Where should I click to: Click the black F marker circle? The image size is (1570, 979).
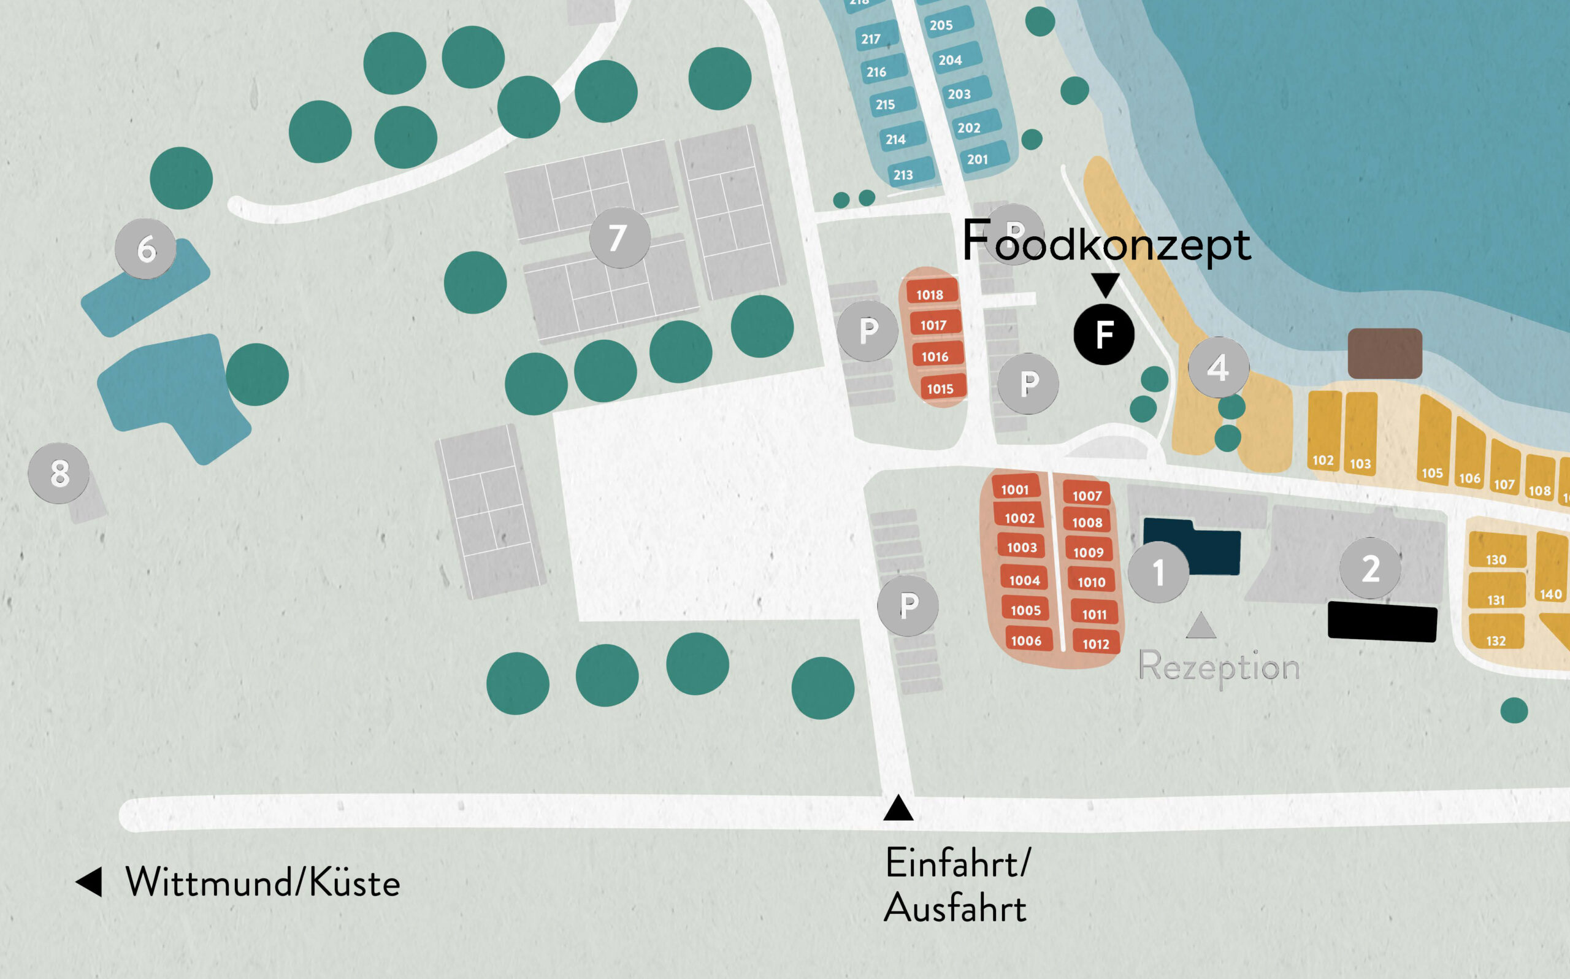tap(1103, 334)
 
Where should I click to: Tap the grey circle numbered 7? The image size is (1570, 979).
tap(619, 237)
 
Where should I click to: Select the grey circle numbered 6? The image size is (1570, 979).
tap(145, 248)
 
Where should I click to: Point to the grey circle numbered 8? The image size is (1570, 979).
tap(59, 474)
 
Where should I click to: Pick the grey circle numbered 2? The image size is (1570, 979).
tap(1370, 569)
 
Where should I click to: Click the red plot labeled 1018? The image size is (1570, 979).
tap(930, 293)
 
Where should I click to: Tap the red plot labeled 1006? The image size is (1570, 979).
tap(1027, 640)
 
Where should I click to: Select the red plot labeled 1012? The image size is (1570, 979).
tap(1096, 643)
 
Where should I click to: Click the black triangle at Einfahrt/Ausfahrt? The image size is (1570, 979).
tap(898, 808)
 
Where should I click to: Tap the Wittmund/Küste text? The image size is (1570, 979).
tap(262, 883)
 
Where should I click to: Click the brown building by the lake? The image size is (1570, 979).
tap(1384, 353)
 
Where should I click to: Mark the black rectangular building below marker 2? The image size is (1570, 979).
tap(1382, 621)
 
